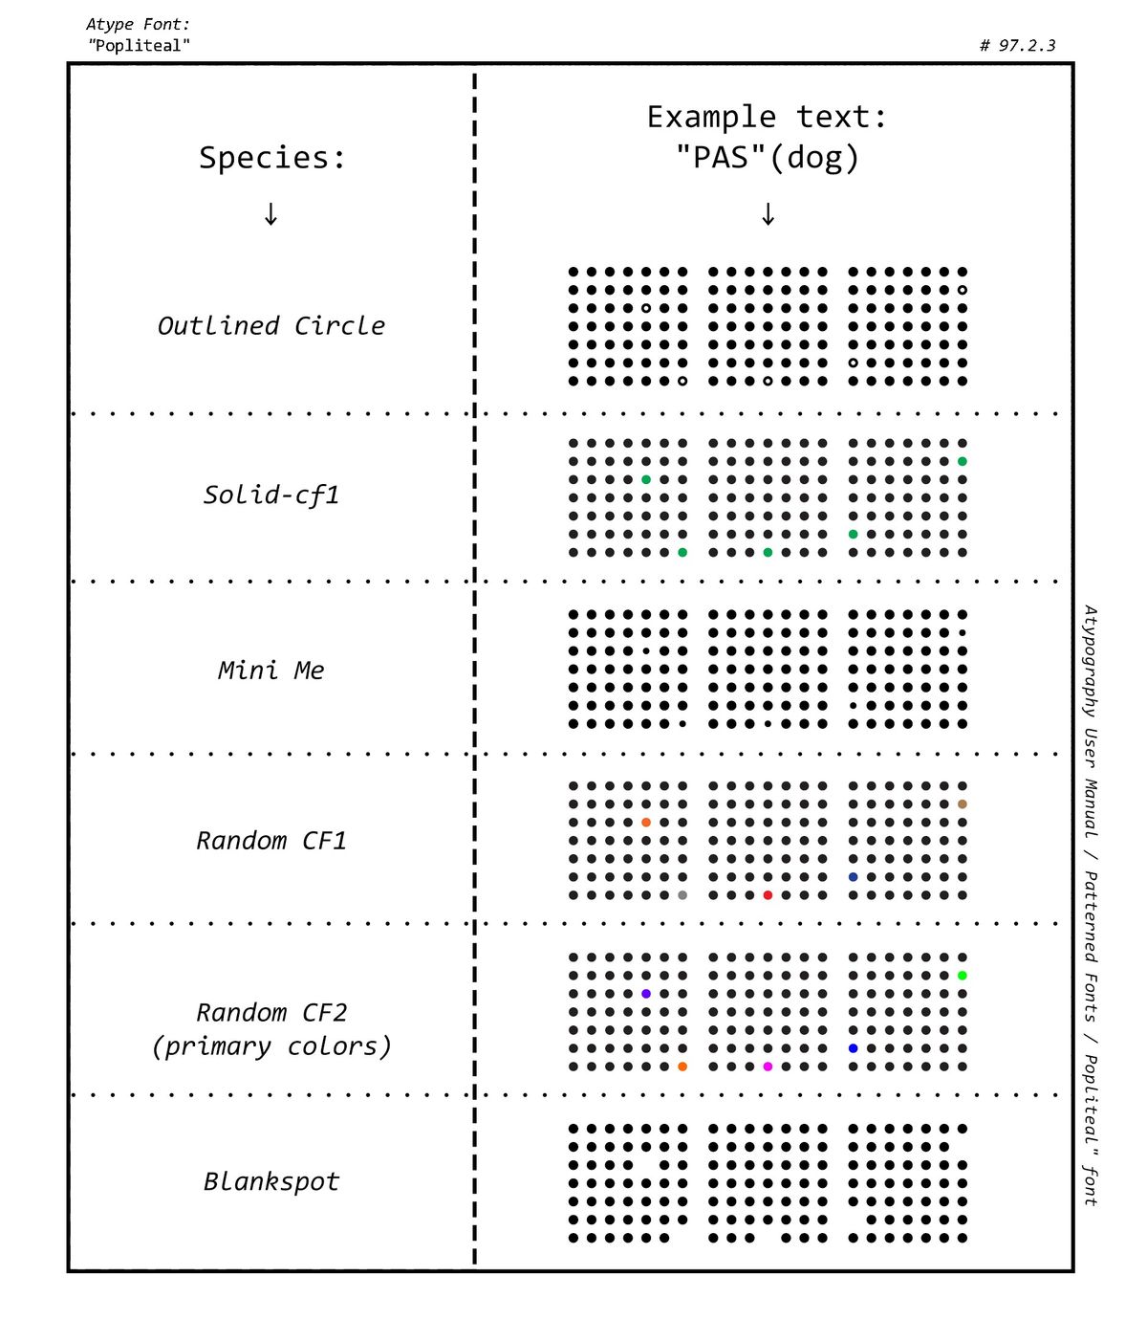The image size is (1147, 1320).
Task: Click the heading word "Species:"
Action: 272,158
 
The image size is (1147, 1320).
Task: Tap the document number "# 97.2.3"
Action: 1017,45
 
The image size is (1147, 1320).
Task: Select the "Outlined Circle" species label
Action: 271,326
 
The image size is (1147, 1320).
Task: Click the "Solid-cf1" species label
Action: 271,495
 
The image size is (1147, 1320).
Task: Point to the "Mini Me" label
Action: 271,671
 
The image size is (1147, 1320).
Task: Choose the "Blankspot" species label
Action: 271,1182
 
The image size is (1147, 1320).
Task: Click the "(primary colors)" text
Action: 271,1046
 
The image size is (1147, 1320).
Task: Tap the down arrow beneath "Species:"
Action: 271,214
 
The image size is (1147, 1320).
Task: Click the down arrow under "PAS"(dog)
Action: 768,214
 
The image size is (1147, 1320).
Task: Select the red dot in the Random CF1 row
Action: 768,895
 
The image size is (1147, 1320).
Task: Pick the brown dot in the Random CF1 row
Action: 963,804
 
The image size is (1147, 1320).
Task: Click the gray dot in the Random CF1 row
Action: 682,895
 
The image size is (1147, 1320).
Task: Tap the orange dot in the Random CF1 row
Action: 646,823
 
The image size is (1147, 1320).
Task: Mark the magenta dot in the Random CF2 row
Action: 768,1067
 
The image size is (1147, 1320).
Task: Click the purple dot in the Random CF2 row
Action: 646,994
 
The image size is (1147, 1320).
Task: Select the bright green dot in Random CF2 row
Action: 963,976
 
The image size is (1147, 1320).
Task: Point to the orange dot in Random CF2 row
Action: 682,1067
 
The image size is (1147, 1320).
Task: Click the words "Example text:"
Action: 768,117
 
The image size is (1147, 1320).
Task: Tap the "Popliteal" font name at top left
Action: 140,45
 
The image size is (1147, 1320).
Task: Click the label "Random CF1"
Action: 271,841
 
